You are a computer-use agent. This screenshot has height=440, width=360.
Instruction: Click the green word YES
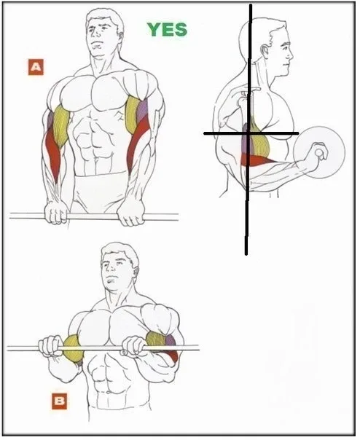coord(167,29)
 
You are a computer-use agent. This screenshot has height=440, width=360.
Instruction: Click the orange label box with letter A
coord(36,67)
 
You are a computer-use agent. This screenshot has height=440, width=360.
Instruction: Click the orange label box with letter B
coord(59,401)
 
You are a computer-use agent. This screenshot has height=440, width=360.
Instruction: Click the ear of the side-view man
coord(265,51)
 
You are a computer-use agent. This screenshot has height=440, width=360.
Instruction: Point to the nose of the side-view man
coord(291,54)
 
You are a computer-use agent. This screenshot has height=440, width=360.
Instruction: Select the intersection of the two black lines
coord(249,133)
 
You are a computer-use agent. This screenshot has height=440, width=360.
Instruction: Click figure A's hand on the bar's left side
coord(57,213)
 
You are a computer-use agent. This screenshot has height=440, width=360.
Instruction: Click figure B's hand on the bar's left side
coord(51,346)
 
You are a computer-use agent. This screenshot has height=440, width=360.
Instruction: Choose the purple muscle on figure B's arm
coord(171,339)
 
